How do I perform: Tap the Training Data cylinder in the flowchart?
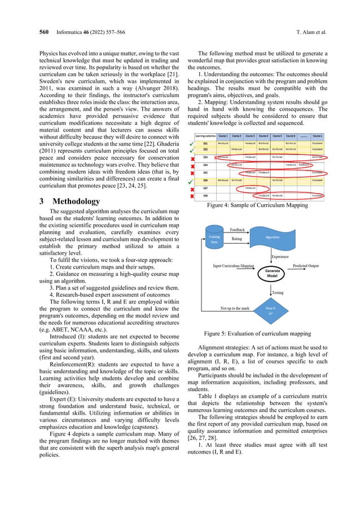pyautogui.click(x=214, y=240)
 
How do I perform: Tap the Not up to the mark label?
pyautogui.click(x=237, y=308)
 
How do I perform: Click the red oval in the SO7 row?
pyautogui.click(x=250, y=187)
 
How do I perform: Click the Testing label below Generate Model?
pyautogui.click(x=278, y=292)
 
